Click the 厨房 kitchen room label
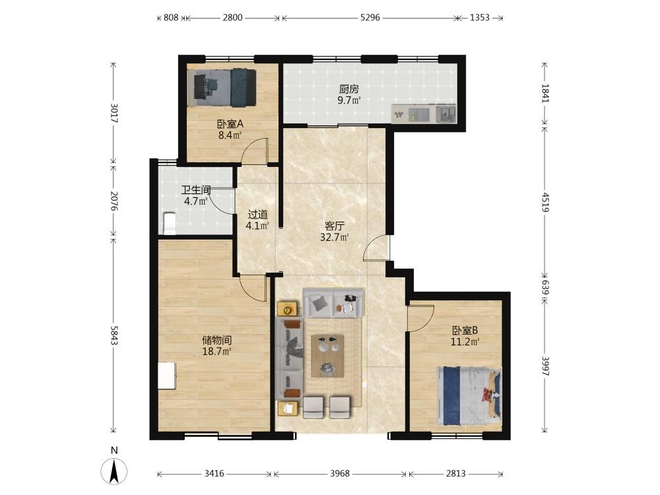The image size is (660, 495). click(x=349, y=89)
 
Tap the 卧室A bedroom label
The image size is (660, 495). click(x=230, y=124)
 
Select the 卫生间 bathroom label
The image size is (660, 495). click(x=196, y=190)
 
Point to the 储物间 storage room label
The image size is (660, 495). click(x=216, y=340)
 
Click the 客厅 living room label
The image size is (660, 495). click(x=335, y=226)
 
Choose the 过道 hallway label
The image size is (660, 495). click(x=257, y=214)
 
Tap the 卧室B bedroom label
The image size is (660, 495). click(x=465, y=331)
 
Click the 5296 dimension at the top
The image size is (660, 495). click(x=370, y=18)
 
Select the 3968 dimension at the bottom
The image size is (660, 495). click(x=340, y=473)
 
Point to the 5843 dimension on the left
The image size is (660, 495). click(x=114, y=335)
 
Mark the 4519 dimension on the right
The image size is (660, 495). click(x=545, y=202)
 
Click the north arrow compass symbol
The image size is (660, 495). click(x=114, y=471)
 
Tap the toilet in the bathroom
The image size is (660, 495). click(x=169, y=223)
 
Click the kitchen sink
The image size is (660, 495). click(x=445, y=114)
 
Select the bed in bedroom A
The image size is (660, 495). click(x=222, y=88)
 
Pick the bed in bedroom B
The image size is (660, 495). click(x=469, y=395)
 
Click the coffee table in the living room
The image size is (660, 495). click(x=327, y=356)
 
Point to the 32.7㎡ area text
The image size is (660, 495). click(x=335, y=238)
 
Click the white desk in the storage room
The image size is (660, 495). click(x=167, y=376)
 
